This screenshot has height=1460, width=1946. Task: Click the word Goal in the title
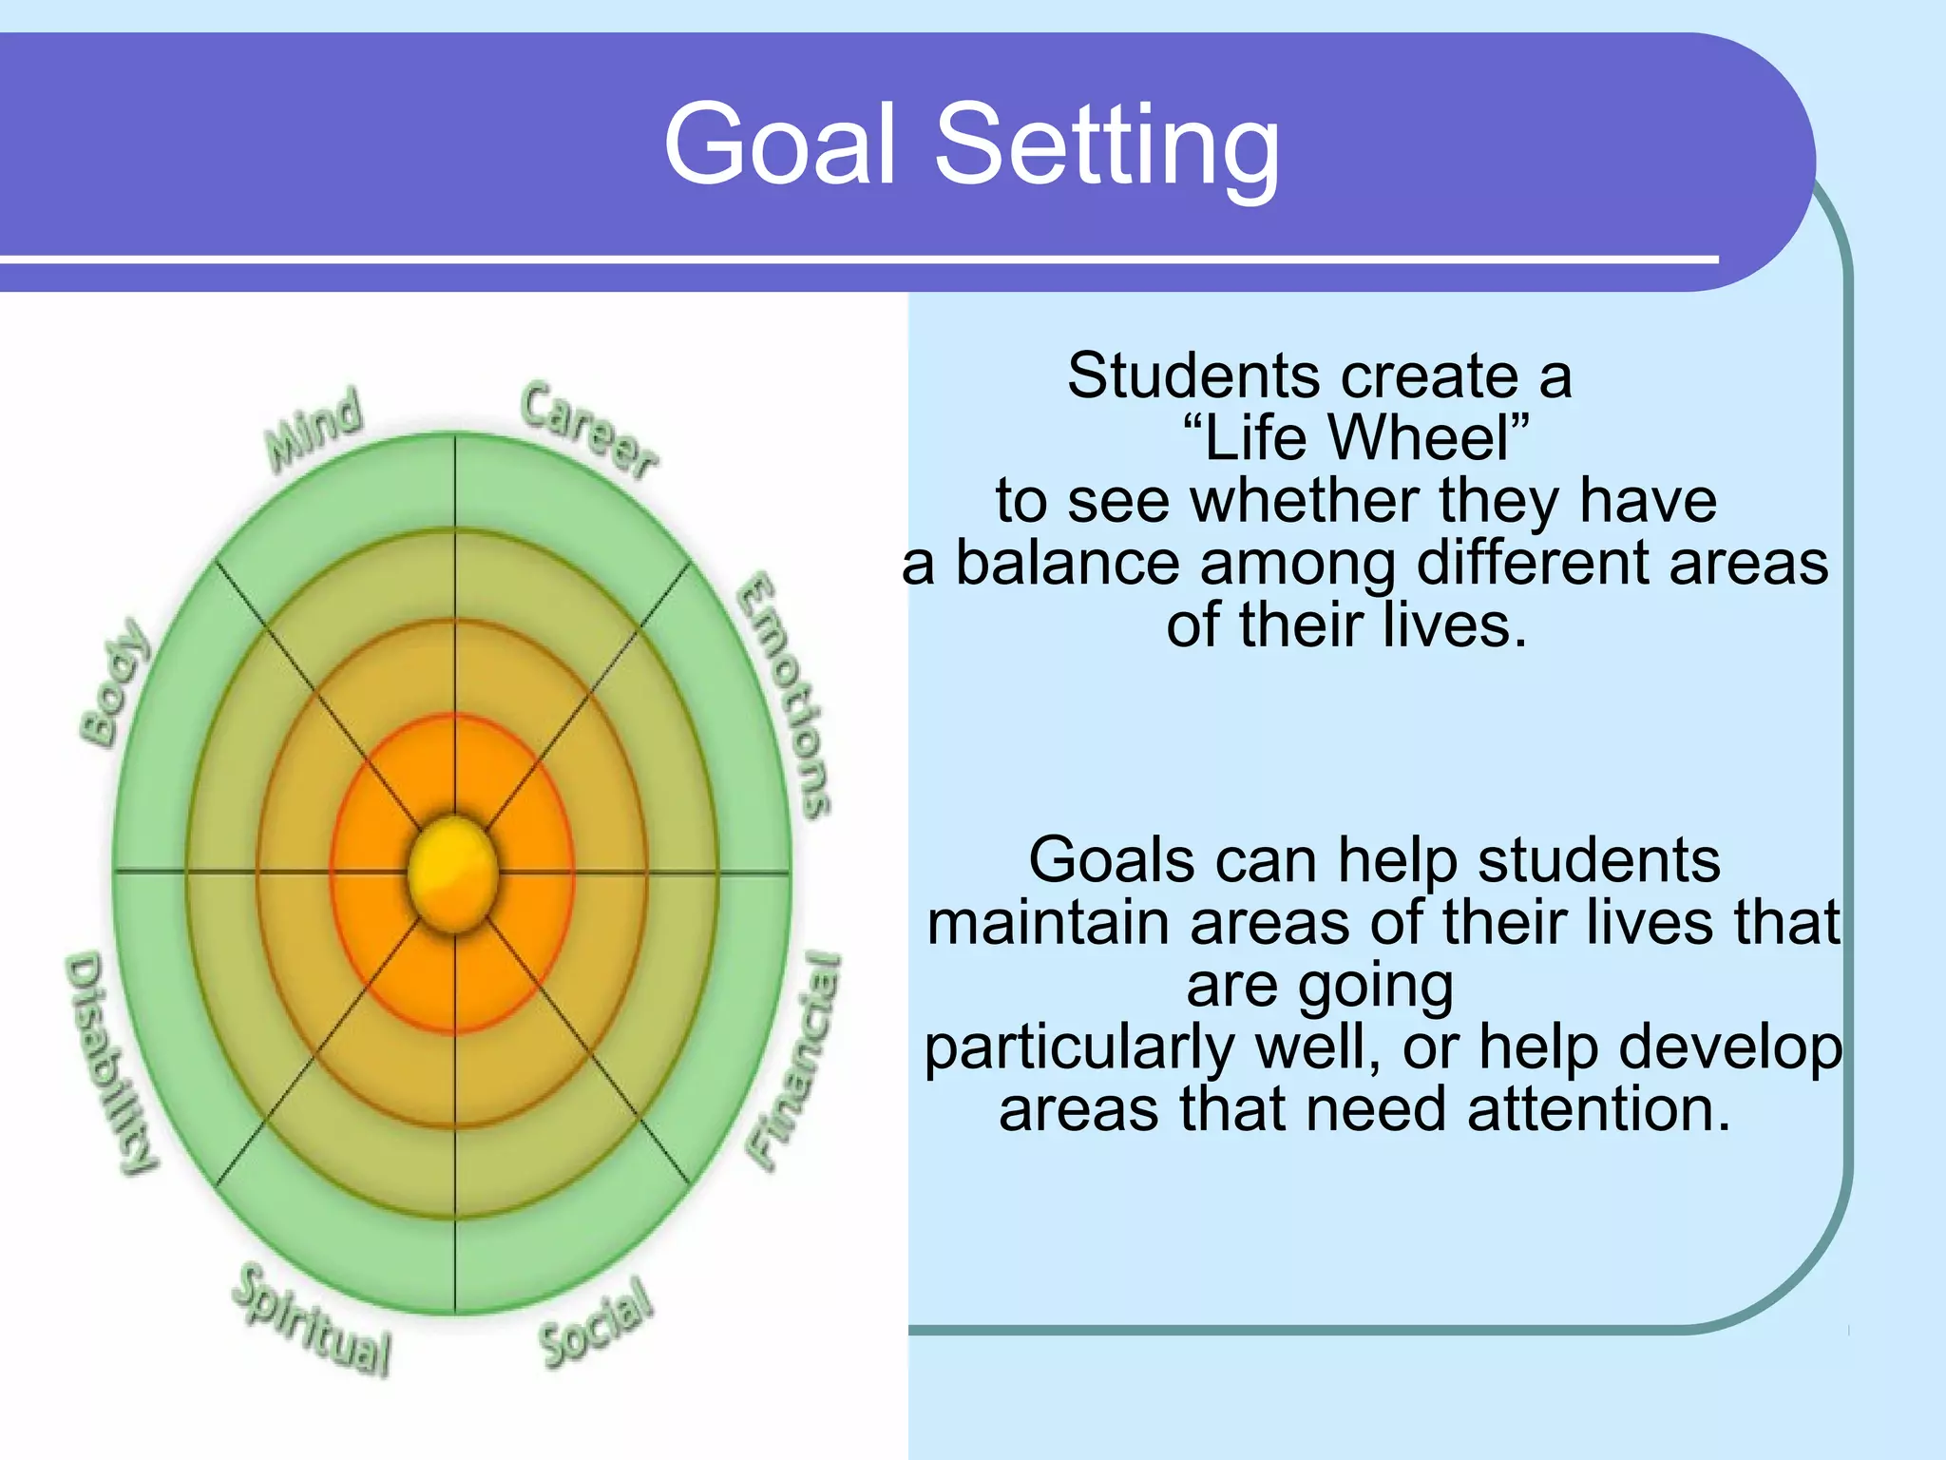[x=779, y=144]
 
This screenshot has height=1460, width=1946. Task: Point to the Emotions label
[x=785, y=696]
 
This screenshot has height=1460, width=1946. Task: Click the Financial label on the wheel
[x=794, y=1060]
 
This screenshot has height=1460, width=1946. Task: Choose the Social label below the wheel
[x=597, y=1324]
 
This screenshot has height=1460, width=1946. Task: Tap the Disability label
[x=110, y=1063]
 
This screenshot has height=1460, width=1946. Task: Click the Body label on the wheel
[x=114, y=682]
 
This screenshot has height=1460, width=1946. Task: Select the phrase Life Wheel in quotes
[x=1356, y=438]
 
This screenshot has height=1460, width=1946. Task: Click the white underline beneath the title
[x=855, y=258]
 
